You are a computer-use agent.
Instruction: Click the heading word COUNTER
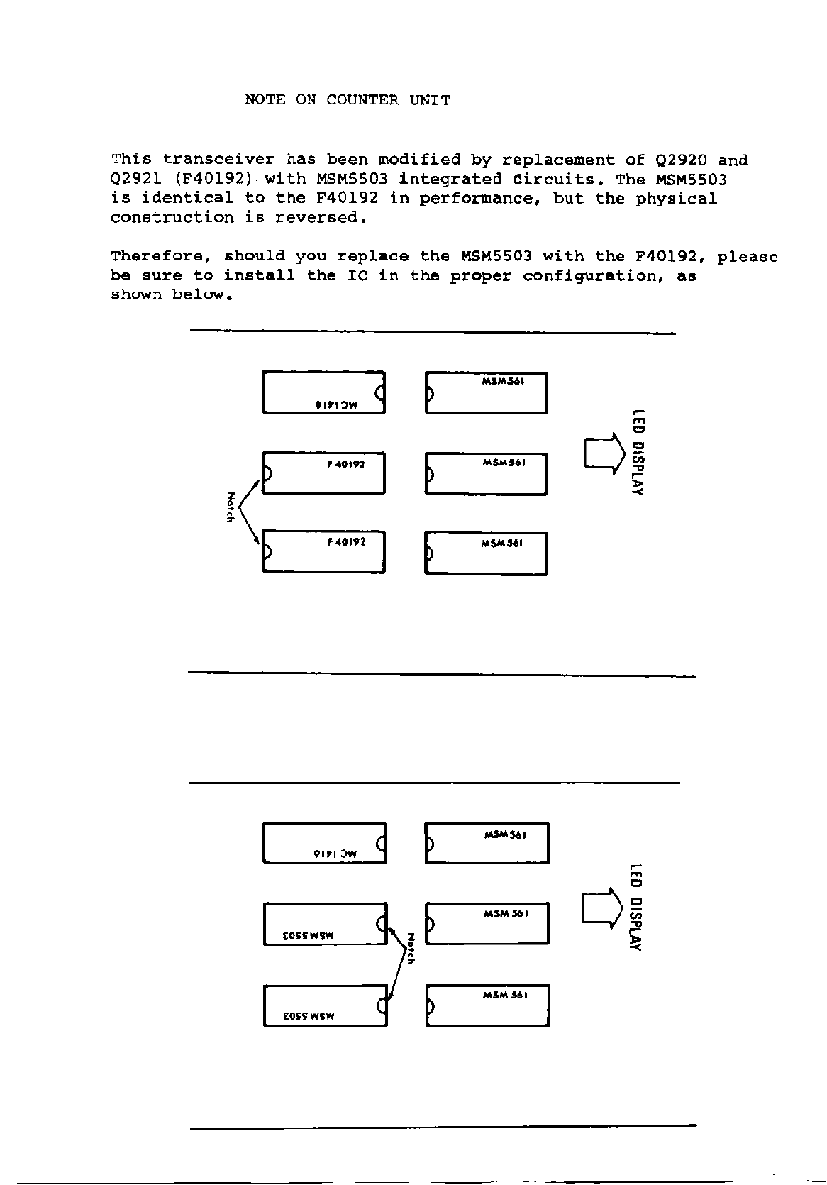(x=362, y=100)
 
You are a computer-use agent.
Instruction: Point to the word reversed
(x=321, y=218)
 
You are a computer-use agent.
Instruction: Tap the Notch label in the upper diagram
(x=230, y=507)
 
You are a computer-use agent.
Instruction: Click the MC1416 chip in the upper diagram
(x=323, y=392)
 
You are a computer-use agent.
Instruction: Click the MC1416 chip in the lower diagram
(x=325, y=843)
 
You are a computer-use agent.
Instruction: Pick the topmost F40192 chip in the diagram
(x=323, y=473)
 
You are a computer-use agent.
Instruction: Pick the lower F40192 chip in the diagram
(x=323, y=551)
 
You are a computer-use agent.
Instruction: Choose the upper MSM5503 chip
(x=325, y=924)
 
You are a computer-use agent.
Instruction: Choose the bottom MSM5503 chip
(x=325, y=1005)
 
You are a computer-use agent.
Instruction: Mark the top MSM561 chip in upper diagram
(x=486, y=392)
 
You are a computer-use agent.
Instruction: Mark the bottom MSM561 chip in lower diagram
(x=487, y=1005)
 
